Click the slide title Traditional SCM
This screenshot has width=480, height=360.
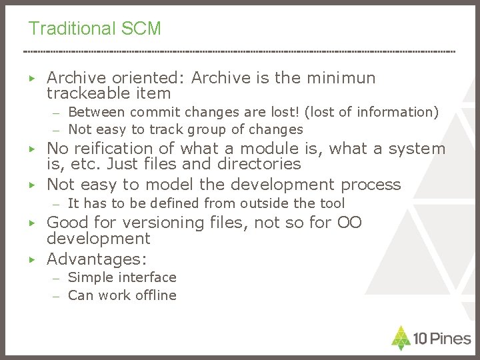(94, 29)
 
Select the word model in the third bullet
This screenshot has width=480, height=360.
(169, 185)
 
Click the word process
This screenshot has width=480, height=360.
(371, 185)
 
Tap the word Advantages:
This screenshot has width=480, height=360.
(97, 259)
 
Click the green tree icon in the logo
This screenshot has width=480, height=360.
(401, 338)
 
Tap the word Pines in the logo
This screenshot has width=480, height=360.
(450, 339)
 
